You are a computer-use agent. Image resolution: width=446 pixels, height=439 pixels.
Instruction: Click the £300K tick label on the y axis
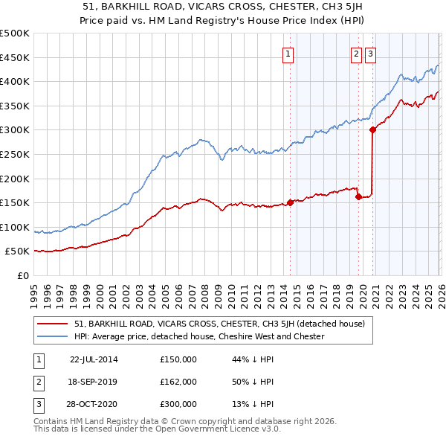tap(14, 130)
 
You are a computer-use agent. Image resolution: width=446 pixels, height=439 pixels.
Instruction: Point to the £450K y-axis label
tap(14, 57)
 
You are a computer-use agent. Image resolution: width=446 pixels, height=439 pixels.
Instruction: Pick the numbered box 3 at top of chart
tap(370, 53)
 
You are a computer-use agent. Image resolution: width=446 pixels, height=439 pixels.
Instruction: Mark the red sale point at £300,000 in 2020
tap(372, 129)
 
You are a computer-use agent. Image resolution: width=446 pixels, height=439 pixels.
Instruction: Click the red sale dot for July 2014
tap(290, 202)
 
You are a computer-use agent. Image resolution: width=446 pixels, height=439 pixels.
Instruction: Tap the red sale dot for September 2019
tap(358, 196)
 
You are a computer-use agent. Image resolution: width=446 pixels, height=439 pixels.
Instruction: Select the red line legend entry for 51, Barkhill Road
tap(219, 324)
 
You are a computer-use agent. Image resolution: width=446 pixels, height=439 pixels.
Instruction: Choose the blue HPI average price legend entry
tap(199, 336)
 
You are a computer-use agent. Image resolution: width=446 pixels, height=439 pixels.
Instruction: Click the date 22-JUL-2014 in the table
tap(94, 359)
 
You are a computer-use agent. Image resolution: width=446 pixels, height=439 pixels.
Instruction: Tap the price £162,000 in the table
tap(178, 382)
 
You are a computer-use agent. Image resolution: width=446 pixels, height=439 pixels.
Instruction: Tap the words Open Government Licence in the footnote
tap(207, 429)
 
